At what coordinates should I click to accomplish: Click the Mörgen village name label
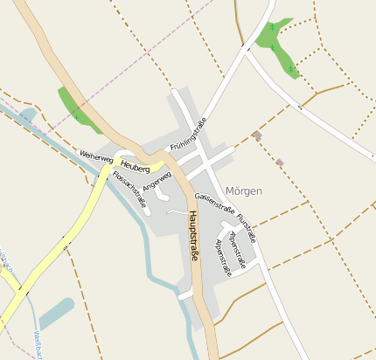243,190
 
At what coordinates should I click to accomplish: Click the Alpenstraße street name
224,258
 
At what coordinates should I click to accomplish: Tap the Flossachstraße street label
130,190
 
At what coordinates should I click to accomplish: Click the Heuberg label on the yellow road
136,166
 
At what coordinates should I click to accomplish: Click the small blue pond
55,312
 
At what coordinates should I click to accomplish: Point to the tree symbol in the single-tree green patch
75,114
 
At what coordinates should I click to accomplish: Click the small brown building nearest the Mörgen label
279,163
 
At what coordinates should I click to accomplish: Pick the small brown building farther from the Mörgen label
256,135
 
